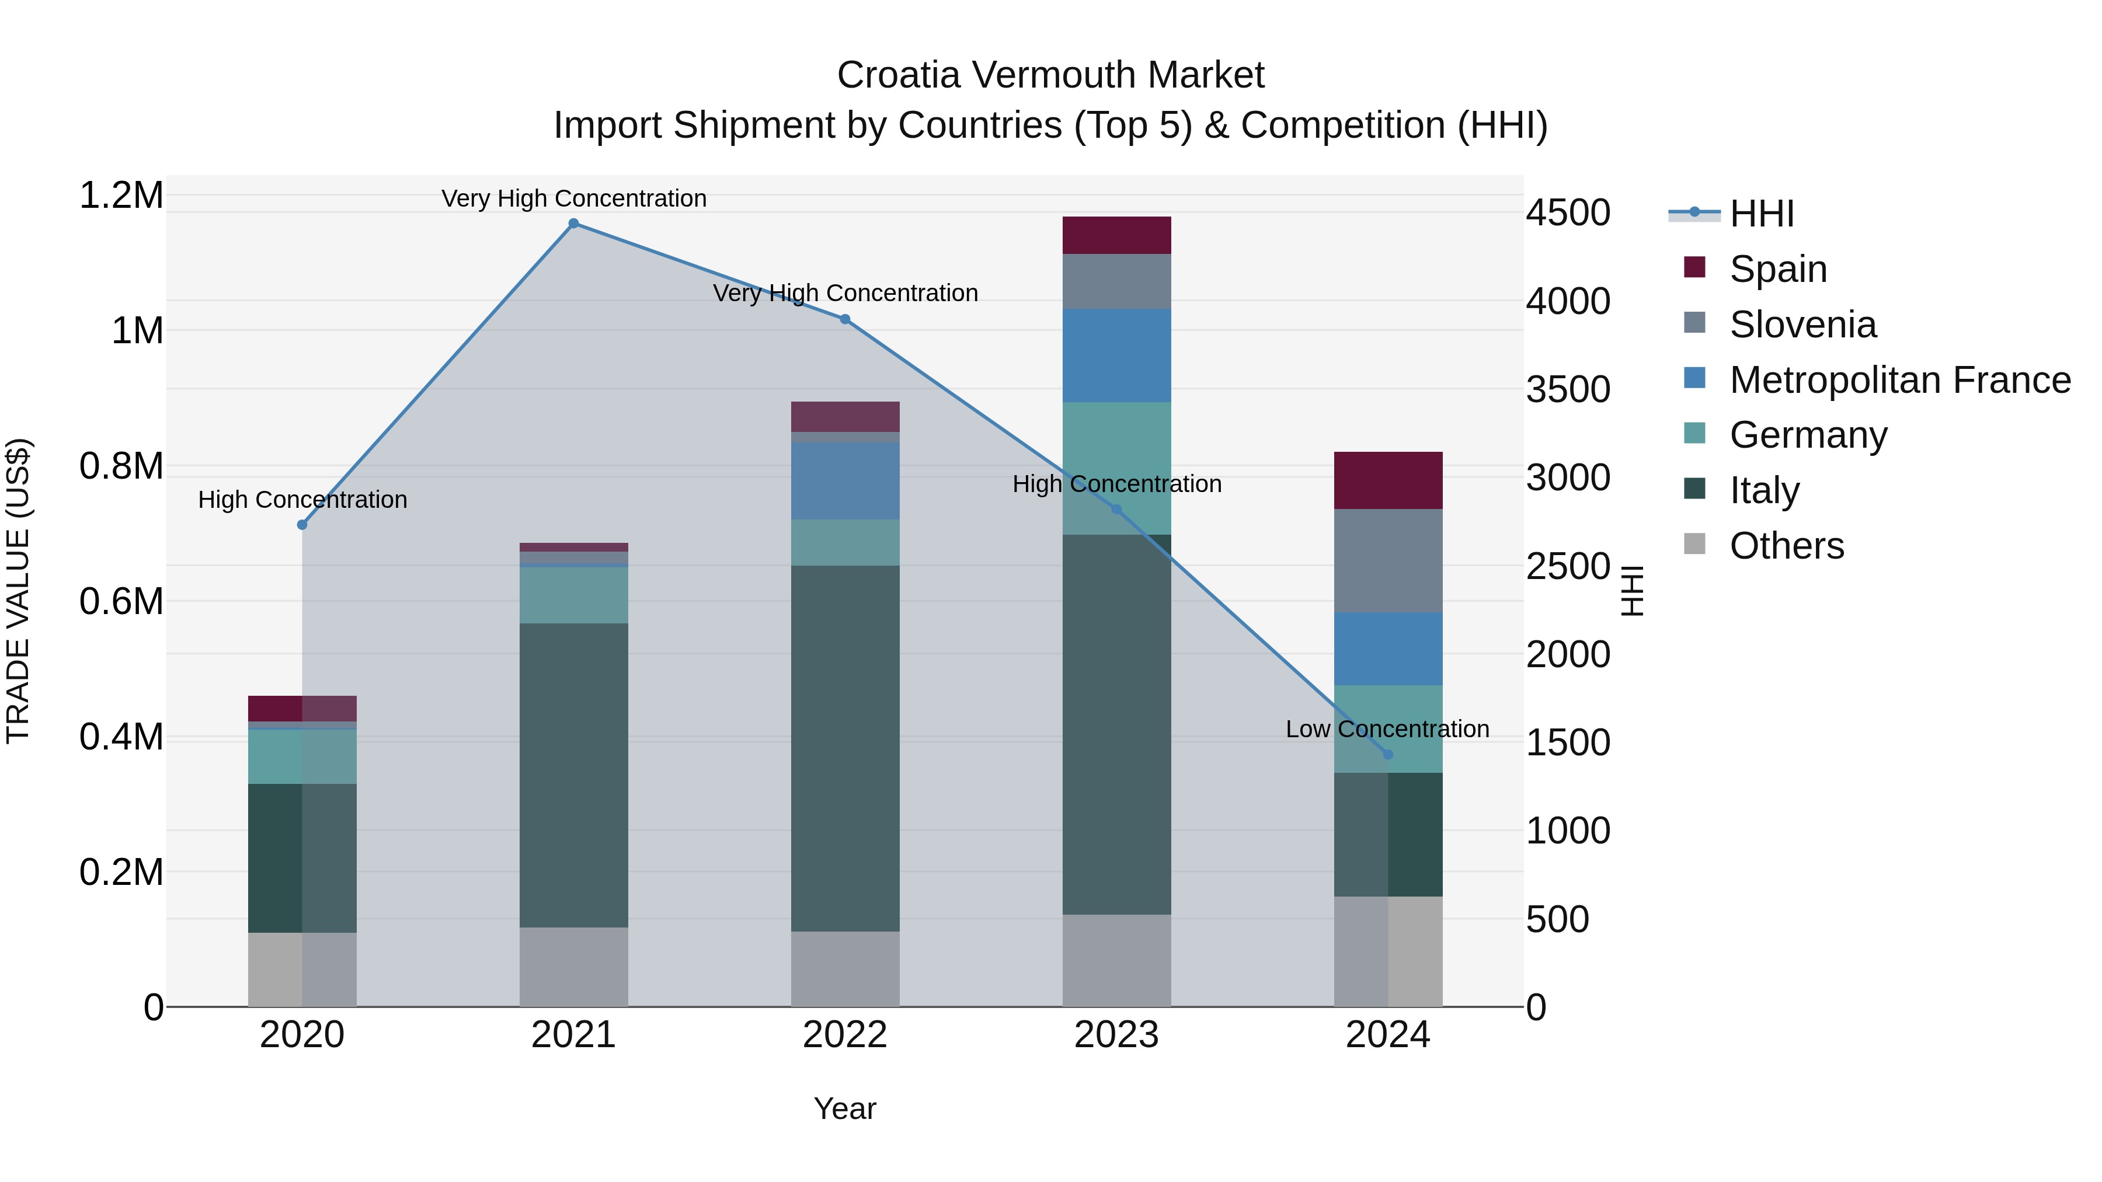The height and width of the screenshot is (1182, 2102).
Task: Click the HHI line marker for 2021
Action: pyautogui.click(x=573, y=224)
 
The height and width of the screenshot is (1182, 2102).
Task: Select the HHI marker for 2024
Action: pyautogui.click(x=1387, y=755)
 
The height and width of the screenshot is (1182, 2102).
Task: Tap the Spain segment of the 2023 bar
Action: pyautogui.click(x=1116, y=235)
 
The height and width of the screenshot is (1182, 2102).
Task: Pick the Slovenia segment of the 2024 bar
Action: pyautogui.click(x=1387, y=560)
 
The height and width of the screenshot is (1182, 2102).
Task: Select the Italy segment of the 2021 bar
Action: pyautogui.click(x=573, y=775)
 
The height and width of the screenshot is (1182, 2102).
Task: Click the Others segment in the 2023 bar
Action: pyautogui.click(x=1116, y=960)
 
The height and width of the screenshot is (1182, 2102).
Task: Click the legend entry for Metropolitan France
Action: pyautogui.click(x=1899, y=380)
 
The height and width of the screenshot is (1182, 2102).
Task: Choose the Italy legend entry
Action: pyautogui.click(x=1764, y=490)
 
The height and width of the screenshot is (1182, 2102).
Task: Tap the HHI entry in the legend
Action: pyautogui.click(x=1761, y=214)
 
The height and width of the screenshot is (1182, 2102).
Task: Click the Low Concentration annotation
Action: pyautogui.click(x=1387, y=729)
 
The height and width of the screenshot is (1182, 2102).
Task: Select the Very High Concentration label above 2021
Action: pyautogui.click(x=573, y=198)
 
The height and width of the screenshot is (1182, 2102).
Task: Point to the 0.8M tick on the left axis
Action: pyautogui.click(x=121, y=466)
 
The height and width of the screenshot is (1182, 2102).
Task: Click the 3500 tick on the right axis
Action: pyautogui.click(x=1568, y=389)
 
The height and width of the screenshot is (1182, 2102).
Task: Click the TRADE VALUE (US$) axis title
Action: pyautogui.click(x=18, y=591)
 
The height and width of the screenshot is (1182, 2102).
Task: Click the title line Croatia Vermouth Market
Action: pyautogui.click(x=1050, y=75)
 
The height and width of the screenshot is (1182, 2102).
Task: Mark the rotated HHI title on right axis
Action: pyautogui.click(x=1632, y=591)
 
